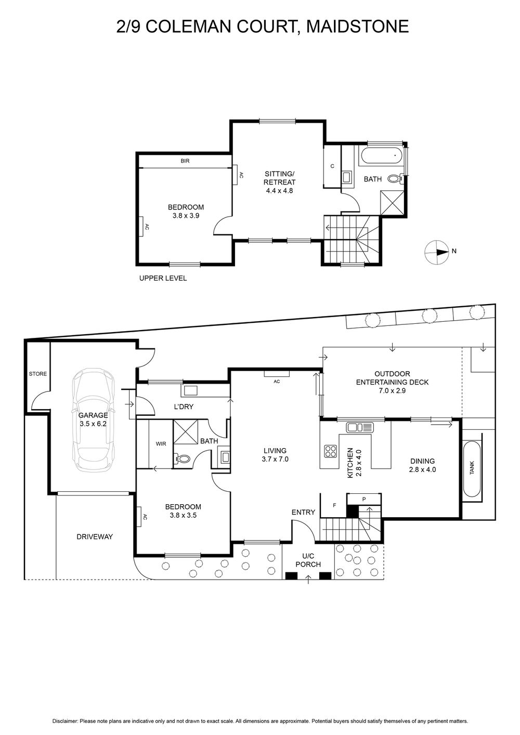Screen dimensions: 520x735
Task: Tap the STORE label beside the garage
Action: pos(38,374)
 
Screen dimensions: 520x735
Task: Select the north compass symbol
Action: pos(437,252)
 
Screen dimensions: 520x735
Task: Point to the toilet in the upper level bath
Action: pos(395,179)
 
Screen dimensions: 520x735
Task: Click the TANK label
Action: pos(472,468)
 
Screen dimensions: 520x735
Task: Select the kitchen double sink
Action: pos(360,427)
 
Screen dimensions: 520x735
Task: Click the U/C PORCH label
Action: pos(308,560)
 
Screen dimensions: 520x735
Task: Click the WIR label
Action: pos(161,443)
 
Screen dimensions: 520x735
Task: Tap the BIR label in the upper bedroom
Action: pos(185,161)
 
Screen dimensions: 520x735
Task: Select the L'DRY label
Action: pos(184,407)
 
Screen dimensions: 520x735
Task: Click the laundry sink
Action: pos(190,390)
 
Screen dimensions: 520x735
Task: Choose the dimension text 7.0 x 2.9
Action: pos(392,391)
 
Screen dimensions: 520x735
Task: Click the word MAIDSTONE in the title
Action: pos(358,27)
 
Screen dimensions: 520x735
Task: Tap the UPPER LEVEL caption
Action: pos(163,278)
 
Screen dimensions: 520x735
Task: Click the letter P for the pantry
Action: pos(363,500)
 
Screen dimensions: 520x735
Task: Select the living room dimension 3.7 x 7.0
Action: pos(275,460)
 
